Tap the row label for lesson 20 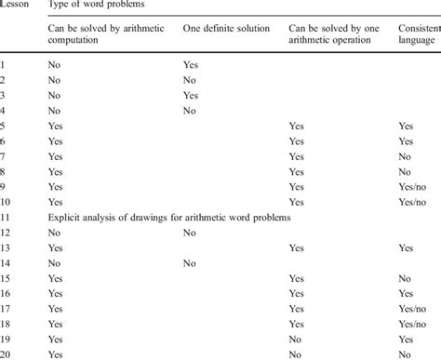point(7,354)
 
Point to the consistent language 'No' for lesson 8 point(406,171)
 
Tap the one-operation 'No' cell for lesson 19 point(296,340)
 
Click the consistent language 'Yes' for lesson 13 point(407,248)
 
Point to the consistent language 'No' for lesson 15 point(406,278)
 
